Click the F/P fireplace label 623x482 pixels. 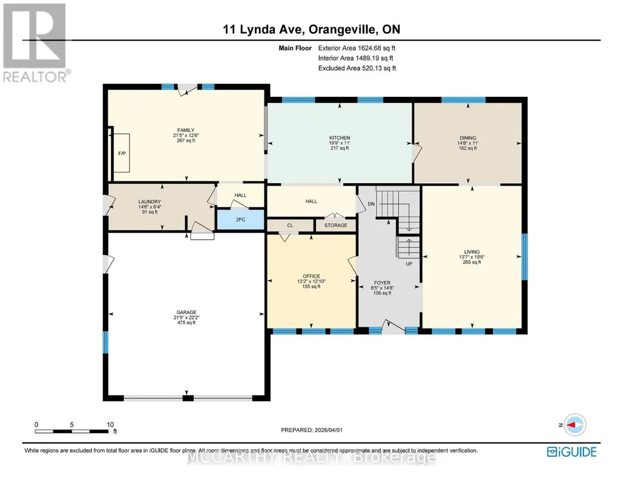click(122, 153)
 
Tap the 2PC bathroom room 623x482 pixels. click(240, 220)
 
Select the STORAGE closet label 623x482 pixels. click(336, 225)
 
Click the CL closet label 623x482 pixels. click(290, 225)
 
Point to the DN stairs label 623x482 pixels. click(371, 204)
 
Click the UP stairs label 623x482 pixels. click(409, 264)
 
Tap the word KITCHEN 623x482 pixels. click(339, 138)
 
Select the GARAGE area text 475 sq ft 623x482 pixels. click(187, 323)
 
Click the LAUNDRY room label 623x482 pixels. click(150, 201)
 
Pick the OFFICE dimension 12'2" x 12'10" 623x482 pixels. click(311, 281)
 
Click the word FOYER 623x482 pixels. click(382, 283)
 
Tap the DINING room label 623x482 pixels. click(467, 138)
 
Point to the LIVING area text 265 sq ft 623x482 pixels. click(472, 262)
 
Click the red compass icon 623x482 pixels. click(574, 425)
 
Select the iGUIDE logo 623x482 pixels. click(572, 452)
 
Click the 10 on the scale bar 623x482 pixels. click(110, 424)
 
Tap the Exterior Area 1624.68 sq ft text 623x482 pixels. click(357, 48)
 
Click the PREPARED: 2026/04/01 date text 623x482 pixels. click(311, 430)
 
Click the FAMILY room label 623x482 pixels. click(186, 130)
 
